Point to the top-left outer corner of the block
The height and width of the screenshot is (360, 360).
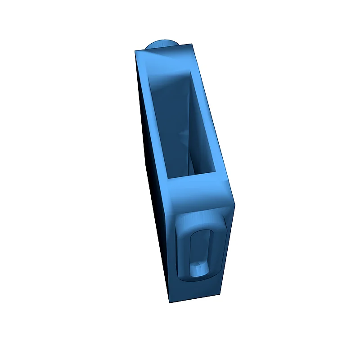tap(135, 51)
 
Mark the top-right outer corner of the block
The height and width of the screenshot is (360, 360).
tap(193, 44)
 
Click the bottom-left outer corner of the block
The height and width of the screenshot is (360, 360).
tap(170, 302)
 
